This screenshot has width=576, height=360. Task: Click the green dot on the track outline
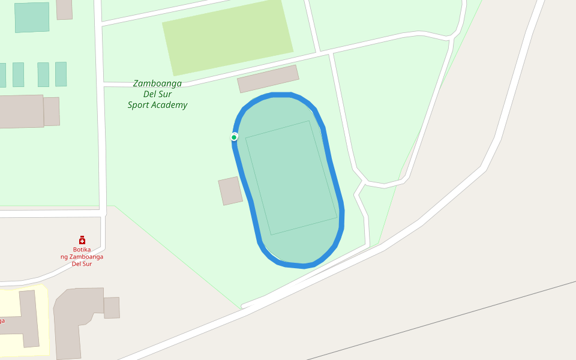(234, 137)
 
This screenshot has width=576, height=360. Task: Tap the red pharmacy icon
(82, 240)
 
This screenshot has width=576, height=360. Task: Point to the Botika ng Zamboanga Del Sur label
(82, 256)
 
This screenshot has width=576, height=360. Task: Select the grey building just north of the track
(268, 79)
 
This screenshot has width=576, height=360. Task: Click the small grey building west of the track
(230, 191)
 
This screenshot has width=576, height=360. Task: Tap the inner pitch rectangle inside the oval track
(291, 178)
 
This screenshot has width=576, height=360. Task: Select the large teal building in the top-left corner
(32, 17)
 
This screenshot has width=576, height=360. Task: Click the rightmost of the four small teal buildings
(61, 74)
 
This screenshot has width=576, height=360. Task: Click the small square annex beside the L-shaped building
(112, 307)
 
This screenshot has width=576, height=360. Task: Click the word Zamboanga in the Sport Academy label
(157, 83)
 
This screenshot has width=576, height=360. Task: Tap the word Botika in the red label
(82, 249)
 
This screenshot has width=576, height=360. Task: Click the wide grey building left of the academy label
(22, 111)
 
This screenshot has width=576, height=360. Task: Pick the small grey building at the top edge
(64, 9)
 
